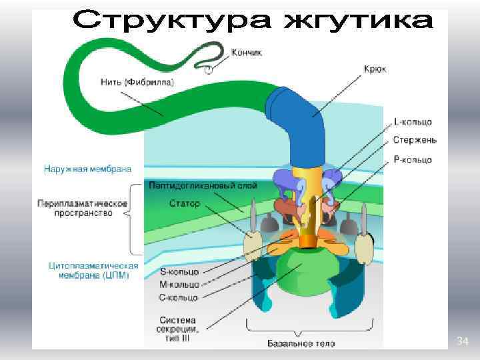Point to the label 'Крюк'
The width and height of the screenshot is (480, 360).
[375, 68]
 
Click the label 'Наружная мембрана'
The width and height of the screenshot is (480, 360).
[87, 170]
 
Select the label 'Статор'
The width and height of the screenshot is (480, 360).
[185, 203]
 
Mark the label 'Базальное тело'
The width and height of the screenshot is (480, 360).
[301, 344]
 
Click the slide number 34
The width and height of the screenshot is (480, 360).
[463, 342]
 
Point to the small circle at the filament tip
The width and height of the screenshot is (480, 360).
[209, 68]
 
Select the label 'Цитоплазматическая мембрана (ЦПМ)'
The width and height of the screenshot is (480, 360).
[93, 269]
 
